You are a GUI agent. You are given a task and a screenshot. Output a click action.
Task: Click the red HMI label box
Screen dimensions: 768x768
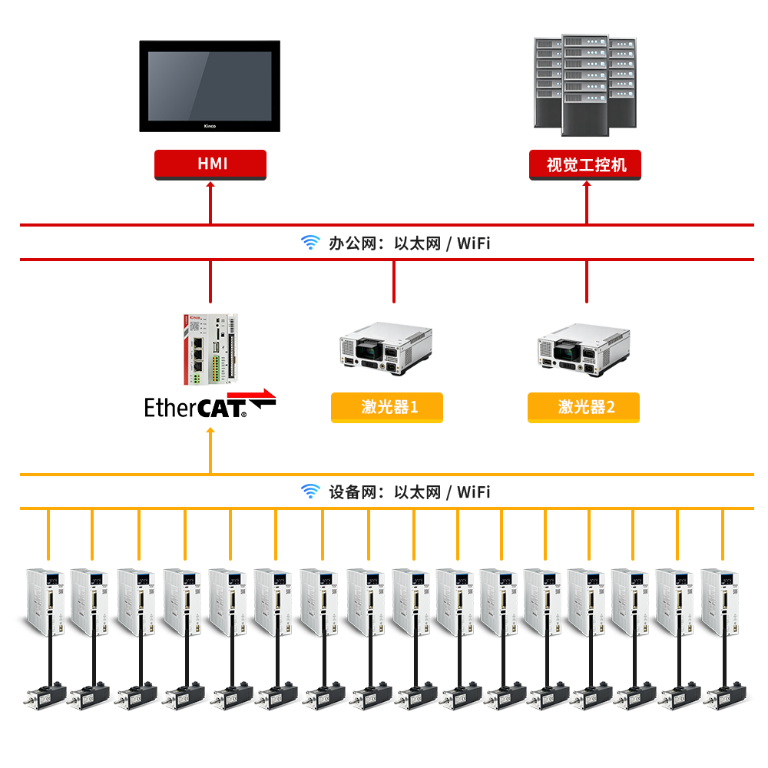(x=210, y=164)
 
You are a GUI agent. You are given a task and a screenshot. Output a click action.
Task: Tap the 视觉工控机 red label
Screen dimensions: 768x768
(x=584, y=164)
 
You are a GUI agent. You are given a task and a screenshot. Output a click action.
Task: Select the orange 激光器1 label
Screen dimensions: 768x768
(x=387, y=407)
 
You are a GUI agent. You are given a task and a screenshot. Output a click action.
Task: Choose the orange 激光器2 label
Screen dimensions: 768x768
(x=584, y=407)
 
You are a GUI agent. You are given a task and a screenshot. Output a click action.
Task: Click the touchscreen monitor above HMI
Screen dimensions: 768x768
(x=210, y=86)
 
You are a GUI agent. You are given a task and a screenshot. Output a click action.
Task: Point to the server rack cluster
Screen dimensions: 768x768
(x=584, y=84)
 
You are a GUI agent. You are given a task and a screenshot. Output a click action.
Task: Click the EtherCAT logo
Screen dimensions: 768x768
(x=210, y=404)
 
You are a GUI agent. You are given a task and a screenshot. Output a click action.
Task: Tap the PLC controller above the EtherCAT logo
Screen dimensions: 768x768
(x=210, y=349)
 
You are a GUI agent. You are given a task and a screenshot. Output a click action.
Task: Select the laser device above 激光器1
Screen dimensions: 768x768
(x=386, y=348)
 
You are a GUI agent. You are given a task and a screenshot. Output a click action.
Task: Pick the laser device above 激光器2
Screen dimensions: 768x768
(x=584, y=349)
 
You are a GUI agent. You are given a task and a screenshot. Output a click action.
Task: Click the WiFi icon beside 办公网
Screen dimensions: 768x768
(x=310, y=242)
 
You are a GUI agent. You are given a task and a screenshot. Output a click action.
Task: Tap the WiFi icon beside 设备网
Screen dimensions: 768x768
(x=310, y=491)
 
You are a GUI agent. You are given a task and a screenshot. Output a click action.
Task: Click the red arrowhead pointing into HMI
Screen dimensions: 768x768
(x=210, y=184)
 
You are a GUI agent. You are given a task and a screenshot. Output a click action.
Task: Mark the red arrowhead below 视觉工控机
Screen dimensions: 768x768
(x=587, y=184)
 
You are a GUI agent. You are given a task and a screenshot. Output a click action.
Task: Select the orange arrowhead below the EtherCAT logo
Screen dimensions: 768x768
(x=210, y=431)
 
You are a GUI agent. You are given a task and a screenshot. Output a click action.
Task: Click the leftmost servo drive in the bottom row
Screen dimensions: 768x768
(x=45, y=602)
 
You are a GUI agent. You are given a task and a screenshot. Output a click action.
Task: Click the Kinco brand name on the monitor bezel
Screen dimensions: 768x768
(x=210, y=126)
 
